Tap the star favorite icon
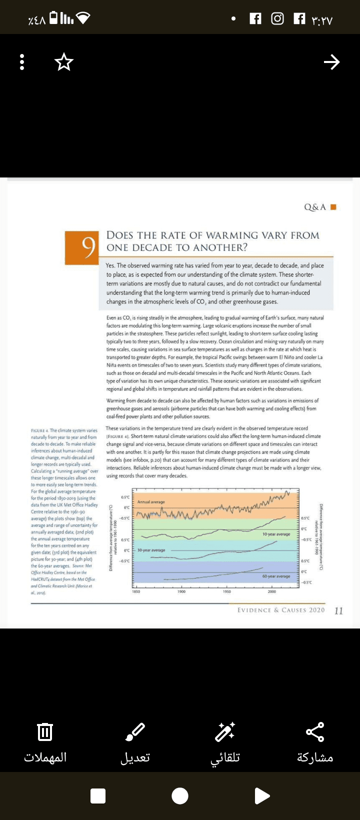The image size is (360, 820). (x=64, y=62)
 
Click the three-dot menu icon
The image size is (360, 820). (x=22, y=62)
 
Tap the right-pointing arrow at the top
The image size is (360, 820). (x=331, y=62)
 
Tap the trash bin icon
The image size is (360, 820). (x=45, y=732)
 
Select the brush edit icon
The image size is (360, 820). (x=135, y=732)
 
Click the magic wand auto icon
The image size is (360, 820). (x=225, y=732)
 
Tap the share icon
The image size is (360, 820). (x=315, y=732)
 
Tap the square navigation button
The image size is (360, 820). (x=98, y=795)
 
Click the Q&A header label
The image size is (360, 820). (x=315, y=207)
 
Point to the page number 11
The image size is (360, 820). (x=338, y=610)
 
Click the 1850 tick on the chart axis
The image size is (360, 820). (x=136, y=591)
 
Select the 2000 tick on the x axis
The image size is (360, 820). (x=271, y=591)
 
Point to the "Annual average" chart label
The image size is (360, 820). (x=151, y=501)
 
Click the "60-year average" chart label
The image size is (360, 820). (x=276, y=576)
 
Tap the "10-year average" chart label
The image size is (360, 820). (x=276, y=534)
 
